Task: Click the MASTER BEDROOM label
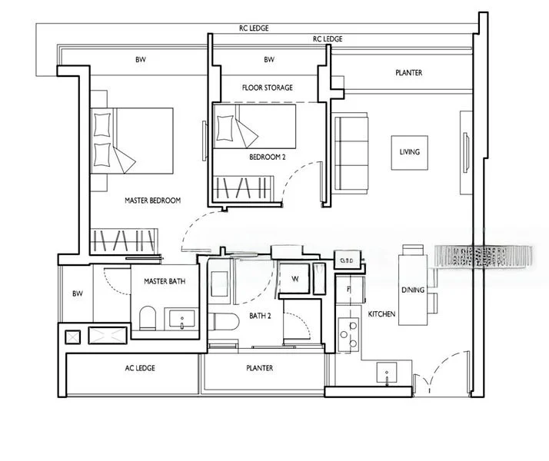(x=152, y=201)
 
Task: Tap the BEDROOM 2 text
(x=268, y=158)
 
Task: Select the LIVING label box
(x=409, y=152)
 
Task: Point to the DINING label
(x=412, y=290)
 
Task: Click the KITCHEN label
(x=381, y=315)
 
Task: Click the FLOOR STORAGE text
(x=267, y=88)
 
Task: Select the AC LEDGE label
(x=140, y=368)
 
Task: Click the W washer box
(x=294, y=279)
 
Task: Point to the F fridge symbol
(x=348, y=290)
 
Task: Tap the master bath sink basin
(x=181, y=318)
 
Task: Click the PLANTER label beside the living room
(x=408, y=73)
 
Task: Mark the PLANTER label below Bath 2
(x=259, y=368)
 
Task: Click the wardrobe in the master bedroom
(x=123, y=240)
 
